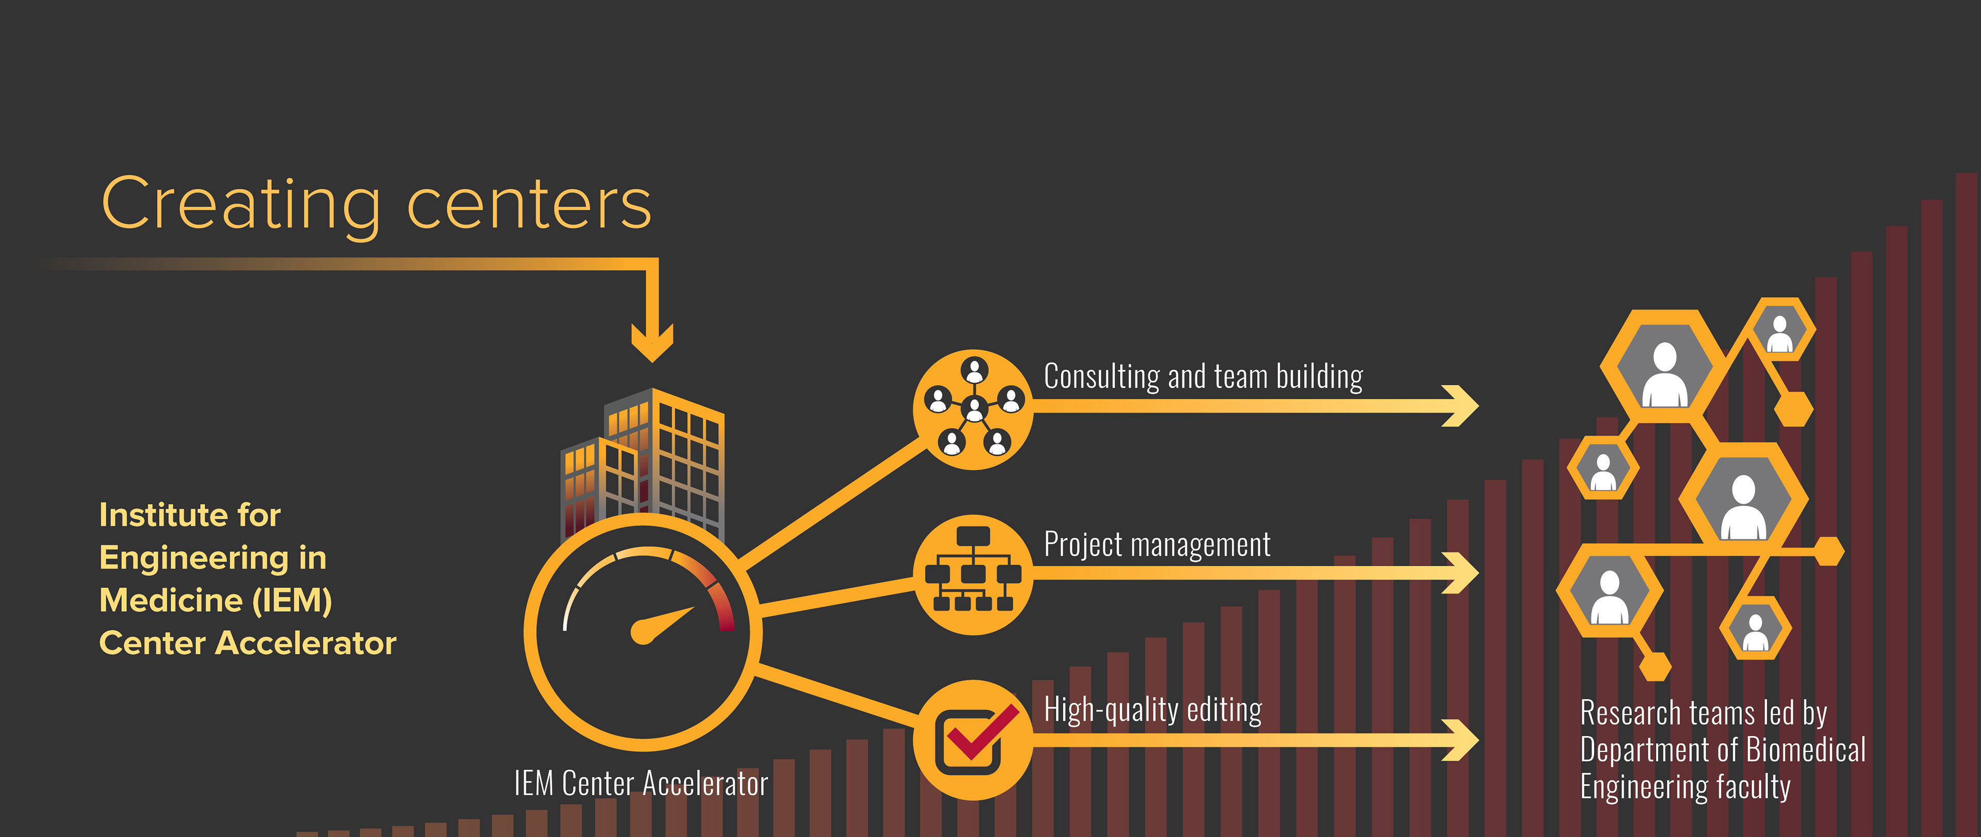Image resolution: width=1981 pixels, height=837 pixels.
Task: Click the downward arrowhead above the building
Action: coord(652,342)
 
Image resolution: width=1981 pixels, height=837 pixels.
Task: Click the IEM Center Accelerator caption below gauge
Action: coord(641,784)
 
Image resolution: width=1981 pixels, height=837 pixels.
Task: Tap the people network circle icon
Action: coord(973,409)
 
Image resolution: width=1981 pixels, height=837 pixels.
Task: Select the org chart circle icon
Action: coord(973,574)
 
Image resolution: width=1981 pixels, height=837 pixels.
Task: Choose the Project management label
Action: coord(1157,544)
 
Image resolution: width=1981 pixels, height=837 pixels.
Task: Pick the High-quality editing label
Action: coord(1152,710)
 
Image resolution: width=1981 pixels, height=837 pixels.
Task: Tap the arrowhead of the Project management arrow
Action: coord(1461,572)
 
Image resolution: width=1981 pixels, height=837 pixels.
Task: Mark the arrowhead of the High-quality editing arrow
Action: coord(1461,740)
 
